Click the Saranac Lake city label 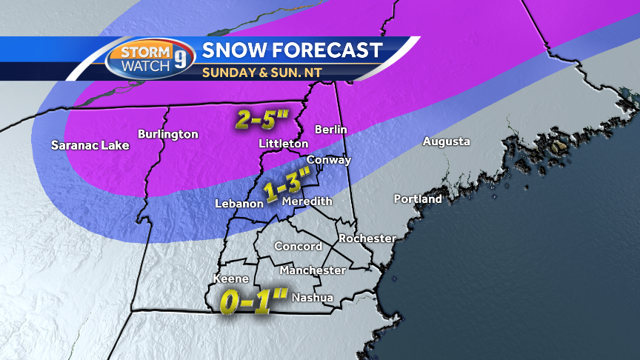pyautogui.click(x=90, y=145)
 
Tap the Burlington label pyautogui.click(x=168, y=134)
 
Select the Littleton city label pyautogui.click(x=284, y=143)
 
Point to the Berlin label pyautogui.click(x=331, y=130)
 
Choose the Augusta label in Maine pyautogui.click(x=446, y=141)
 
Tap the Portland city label pyautogui.click(x=418, y=199)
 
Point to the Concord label pyautogui.click(x=298, y=247)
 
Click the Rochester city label pyautogui.click(x=367, y=239)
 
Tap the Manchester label pyautogui.click(x=313, y=270)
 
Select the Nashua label pyautogui.click(x=313, y=298)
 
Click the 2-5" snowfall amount pyautogui.click(x=262, y=120)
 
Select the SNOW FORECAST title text pyautogui.click(x=292, y=50)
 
